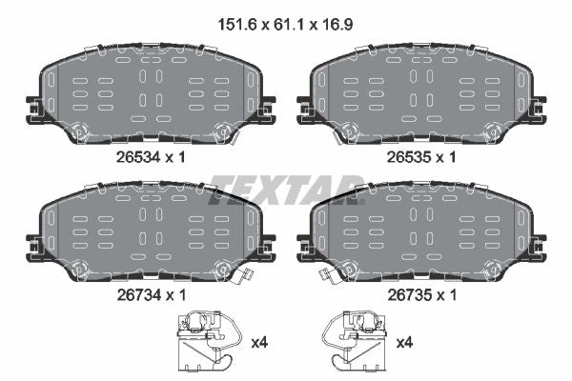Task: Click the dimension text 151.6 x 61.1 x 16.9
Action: point(285,25)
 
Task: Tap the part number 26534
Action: point(138,157)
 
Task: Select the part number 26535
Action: point(409,157)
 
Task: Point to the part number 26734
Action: point(139,294)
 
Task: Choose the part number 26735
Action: point(410,294)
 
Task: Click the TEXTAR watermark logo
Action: point(286,190)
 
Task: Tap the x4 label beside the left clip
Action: point(259,343)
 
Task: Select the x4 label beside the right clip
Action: point(404,343)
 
